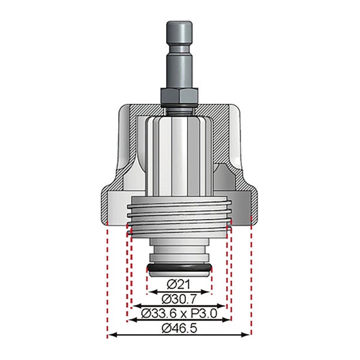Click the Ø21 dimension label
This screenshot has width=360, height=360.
click(178, 284)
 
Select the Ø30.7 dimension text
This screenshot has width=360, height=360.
click(179, 299)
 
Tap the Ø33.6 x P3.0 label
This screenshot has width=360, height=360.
click(179, 313)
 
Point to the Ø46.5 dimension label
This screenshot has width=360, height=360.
click(179, 328)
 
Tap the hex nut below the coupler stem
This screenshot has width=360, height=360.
click(179, 96)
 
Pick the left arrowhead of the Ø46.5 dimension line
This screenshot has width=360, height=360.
click(112, 335)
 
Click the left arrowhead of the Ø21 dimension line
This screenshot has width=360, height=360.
click(152, 292)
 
